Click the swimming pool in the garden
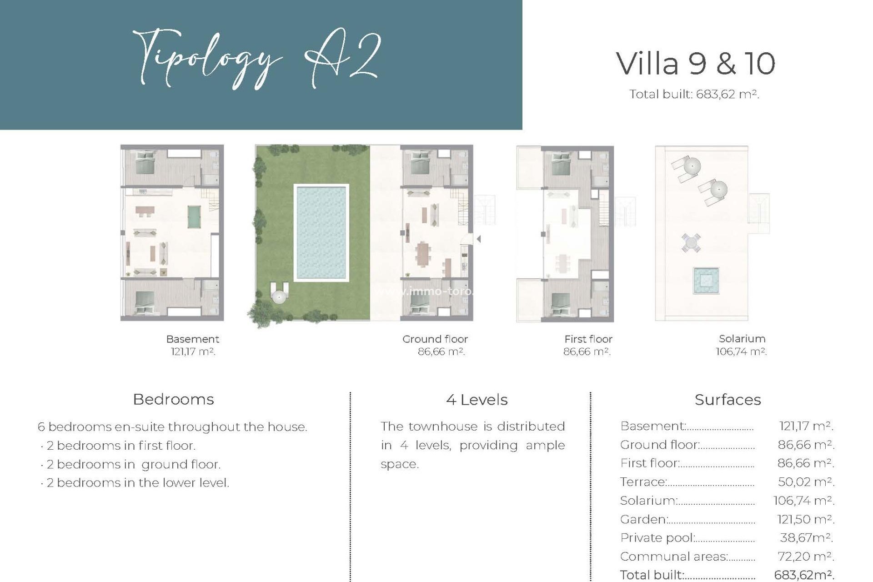(321, 232)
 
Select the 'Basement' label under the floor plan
(192, 339)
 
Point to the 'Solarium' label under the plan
(742, 339)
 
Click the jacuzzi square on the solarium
(705, 281)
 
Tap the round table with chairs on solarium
(691, 242)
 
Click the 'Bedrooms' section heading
(173, 399)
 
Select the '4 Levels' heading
(477, 400)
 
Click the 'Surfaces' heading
(727, 400)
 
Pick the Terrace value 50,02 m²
(806, 482)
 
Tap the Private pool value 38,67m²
(806, 538)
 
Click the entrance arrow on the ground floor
(478, 239)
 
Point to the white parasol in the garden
(278, 296)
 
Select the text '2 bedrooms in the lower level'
(137, 483)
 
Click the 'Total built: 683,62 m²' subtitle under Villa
(694, 95)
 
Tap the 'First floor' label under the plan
(588, 339)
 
